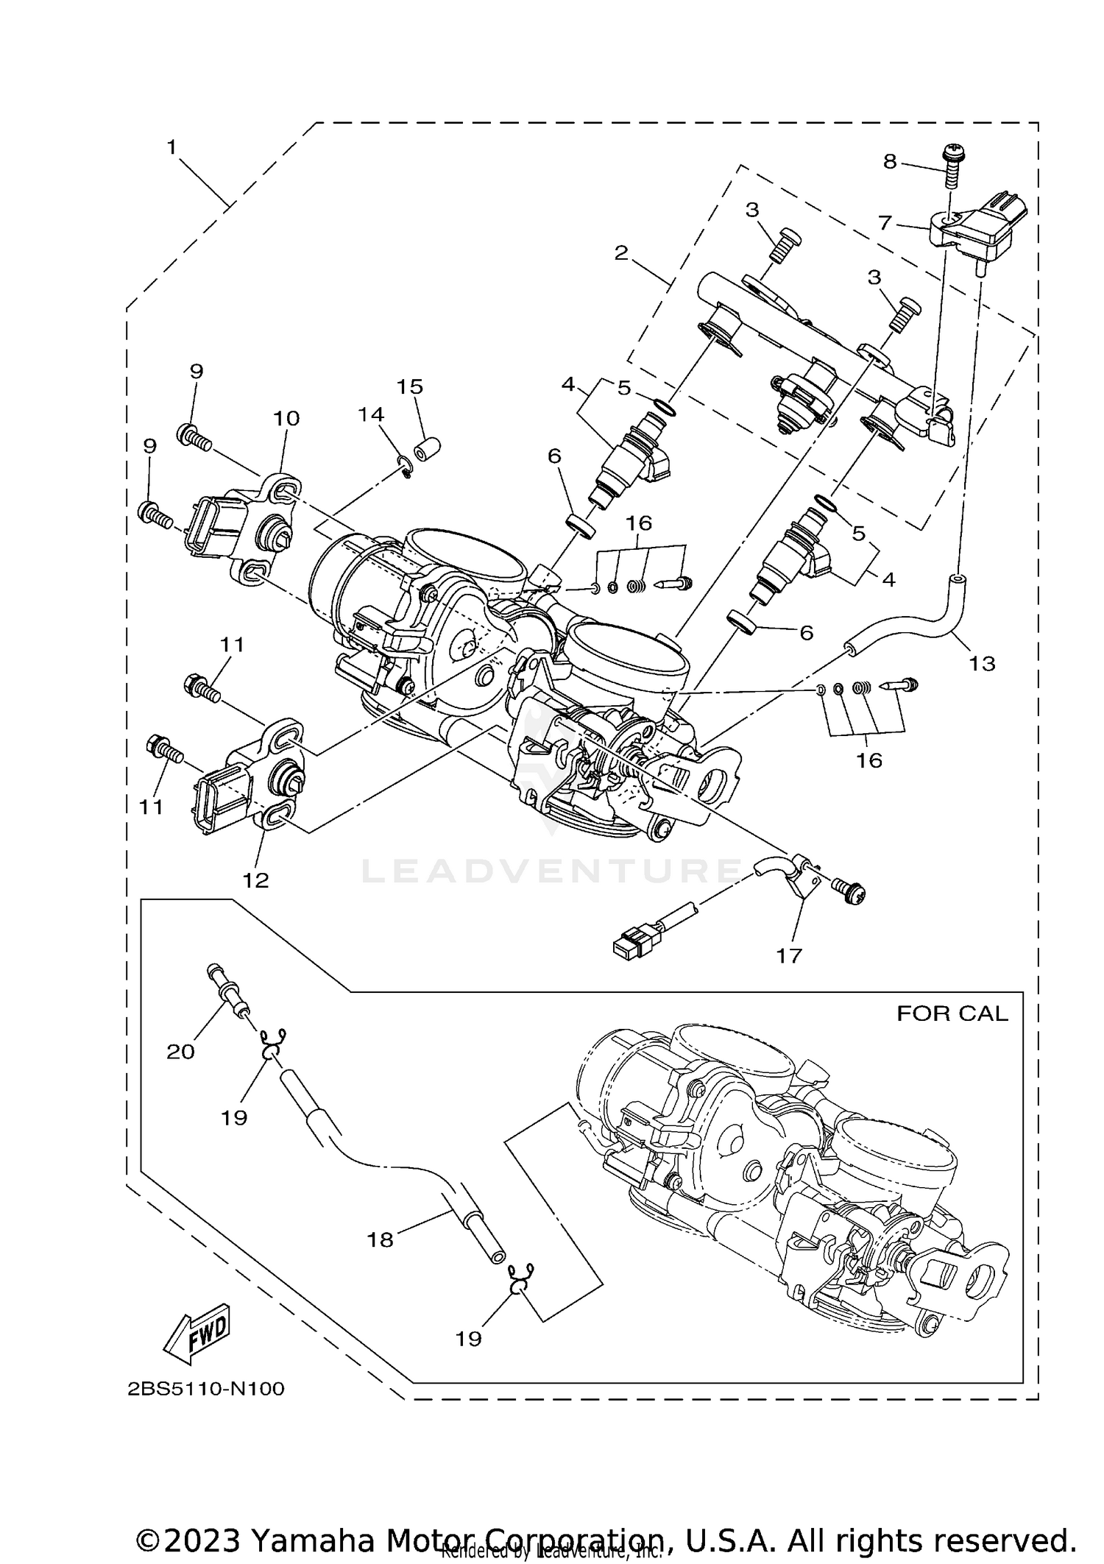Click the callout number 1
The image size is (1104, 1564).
[x=171, y=148]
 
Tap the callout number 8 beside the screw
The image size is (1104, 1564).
[x=890, y=162]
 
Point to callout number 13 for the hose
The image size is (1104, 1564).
[x=982, y=663]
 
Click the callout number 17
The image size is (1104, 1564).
[x=788, y=956]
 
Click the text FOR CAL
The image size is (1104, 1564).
[x=952, y=1013]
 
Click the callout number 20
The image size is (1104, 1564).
[x=180, y=1052]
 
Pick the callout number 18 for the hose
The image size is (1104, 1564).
[x=381, y=1240]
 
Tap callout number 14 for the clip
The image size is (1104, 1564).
[x=371, y=414]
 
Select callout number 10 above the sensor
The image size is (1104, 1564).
[x=286, y=418]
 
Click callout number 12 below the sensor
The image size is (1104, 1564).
[x=256, y=880]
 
